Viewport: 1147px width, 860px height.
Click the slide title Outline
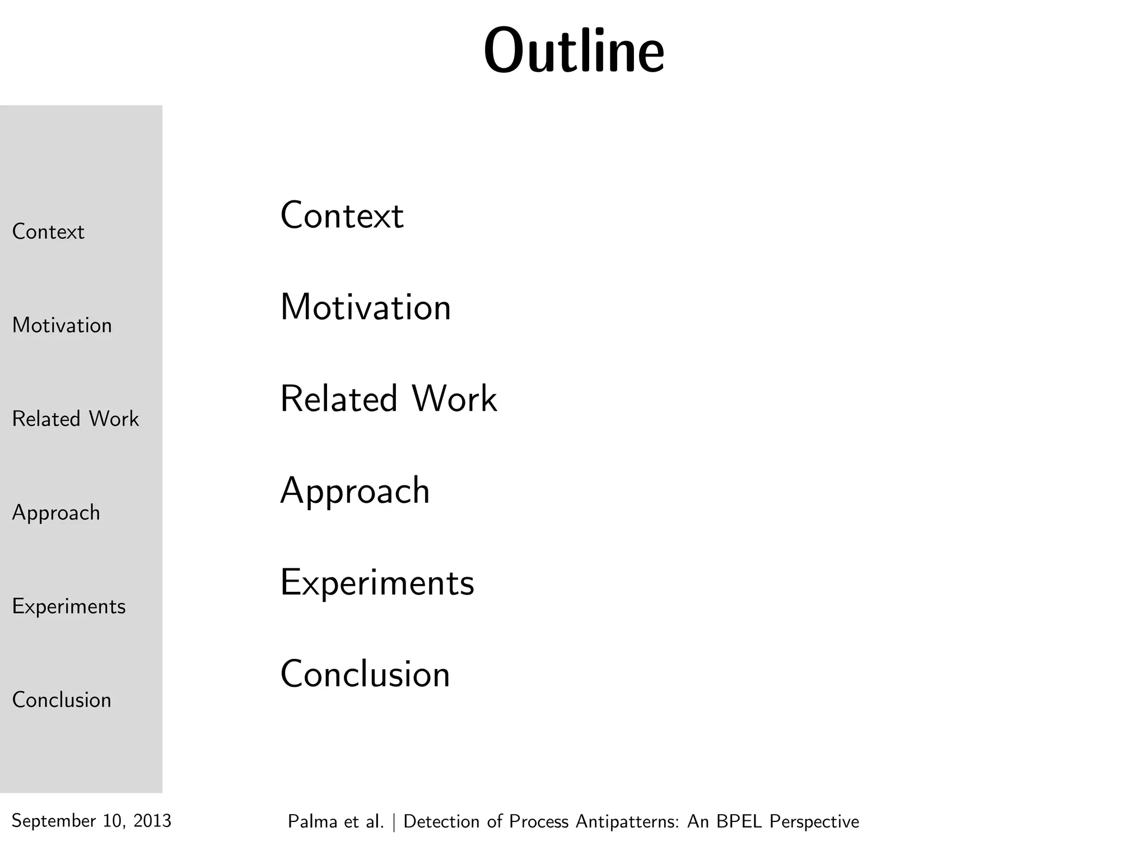pyautogui.click(x=574, y=52)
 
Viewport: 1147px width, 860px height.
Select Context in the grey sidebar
pyautogui.click(x=48, y=232)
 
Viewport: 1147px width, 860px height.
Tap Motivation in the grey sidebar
pyautogui.click(x=62, y=325)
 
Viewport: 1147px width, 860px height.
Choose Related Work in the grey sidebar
pyautogui.click(x=76, y=419)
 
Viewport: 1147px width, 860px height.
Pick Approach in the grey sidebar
pyautogui.click(x=56, y=513)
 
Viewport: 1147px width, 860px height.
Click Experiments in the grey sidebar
pyautogui.click(x=69, y=607)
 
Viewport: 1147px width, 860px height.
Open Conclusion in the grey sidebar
pyautogui.click(x=62, y=700)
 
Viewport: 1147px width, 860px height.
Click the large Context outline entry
pyautogui.click(x=342, y=216)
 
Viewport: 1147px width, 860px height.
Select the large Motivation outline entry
pyautogui.click(x=365, y=307)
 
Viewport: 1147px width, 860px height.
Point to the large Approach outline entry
pyautogui.click(x=355, y=492)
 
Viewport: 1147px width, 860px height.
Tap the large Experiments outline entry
pyautogui.click(x=377, y=583)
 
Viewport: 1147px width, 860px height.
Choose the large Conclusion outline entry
pyautogui.click(x=365, y=674)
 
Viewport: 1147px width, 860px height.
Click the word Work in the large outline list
pyautogui.click(x=454, y=399)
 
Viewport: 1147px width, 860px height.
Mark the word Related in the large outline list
pyautogui.click(x=339, y=399)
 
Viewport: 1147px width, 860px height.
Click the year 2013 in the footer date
pyautogui.click(x=152, y=821)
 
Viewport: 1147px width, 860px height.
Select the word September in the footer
pyautogui.click(x=54, y=821)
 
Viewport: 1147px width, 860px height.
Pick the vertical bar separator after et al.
pyautogui.click(x=394, y=822)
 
